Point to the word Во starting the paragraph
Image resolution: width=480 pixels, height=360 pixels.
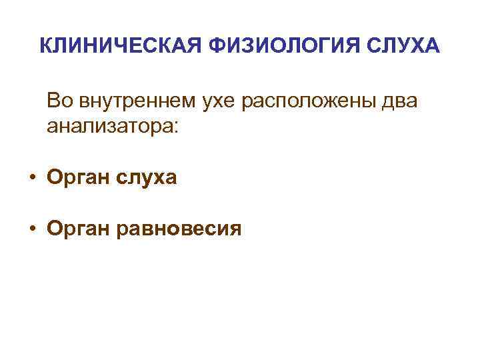59,101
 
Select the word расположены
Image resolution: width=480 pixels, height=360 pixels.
310,101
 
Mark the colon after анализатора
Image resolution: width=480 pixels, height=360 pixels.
175,127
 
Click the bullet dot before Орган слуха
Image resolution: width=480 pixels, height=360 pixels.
32,177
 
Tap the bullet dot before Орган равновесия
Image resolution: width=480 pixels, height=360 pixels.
32,229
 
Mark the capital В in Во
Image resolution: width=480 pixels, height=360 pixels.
53,101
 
